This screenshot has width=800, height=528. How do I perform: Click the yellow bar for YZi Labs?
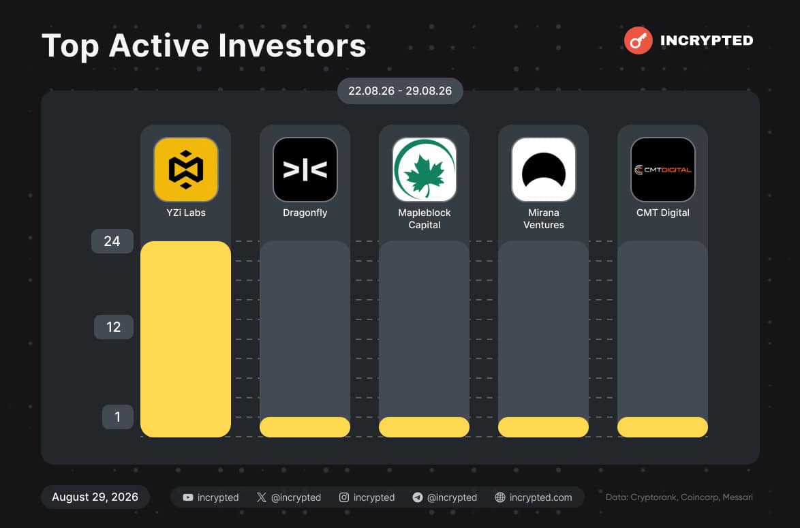tap(186, 339)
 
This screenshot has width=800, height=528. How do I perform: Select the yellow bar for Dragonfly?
tap(305, 427)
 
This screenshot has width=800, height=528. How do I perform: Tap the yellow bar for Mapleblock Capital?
tap(424, 427)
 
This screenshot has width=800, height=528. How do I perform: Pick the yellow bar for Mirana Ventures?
tap(543, 427)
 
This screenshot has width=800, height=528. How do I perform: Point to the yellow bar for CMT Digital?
tap(663, 427)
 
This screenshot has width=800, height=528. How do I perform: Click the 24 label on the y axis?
tap(112, 240)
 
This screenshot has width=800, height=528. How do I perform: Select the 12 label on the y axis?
tap(113, 327)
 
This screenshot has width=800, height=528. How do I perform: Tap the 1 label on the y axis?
tap(117, 417)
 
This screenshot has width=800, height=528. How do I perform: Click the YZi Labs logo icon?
tap(186, 170)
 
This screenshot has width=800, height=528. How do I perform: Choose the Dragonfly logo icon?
tap(305, 170)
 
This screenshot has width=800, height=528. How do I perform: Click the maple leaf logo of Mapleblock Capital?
tap(424, 170)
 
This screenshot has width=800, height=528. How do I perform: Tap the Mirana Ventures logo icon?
tap(543, 170)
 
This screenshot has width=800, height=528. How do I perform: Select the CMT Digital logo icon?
tap(663, 170)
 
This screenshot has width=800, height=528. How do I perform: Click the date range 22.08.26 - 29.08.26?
tap(400, 91)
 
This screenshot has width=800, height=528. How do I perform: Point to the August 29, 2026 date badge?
tap(95, 497)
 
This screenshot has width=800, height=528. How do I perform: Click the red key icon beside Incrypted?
tap(639, 40)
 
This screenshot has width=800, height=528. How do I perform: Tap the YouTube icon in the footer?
tap(188, 497)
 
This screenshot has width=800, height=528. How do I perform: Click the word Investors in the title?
tap(292, 46)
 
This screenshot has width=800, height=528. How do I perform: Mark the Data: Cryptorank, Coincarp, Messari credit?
tap(679, 497)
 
